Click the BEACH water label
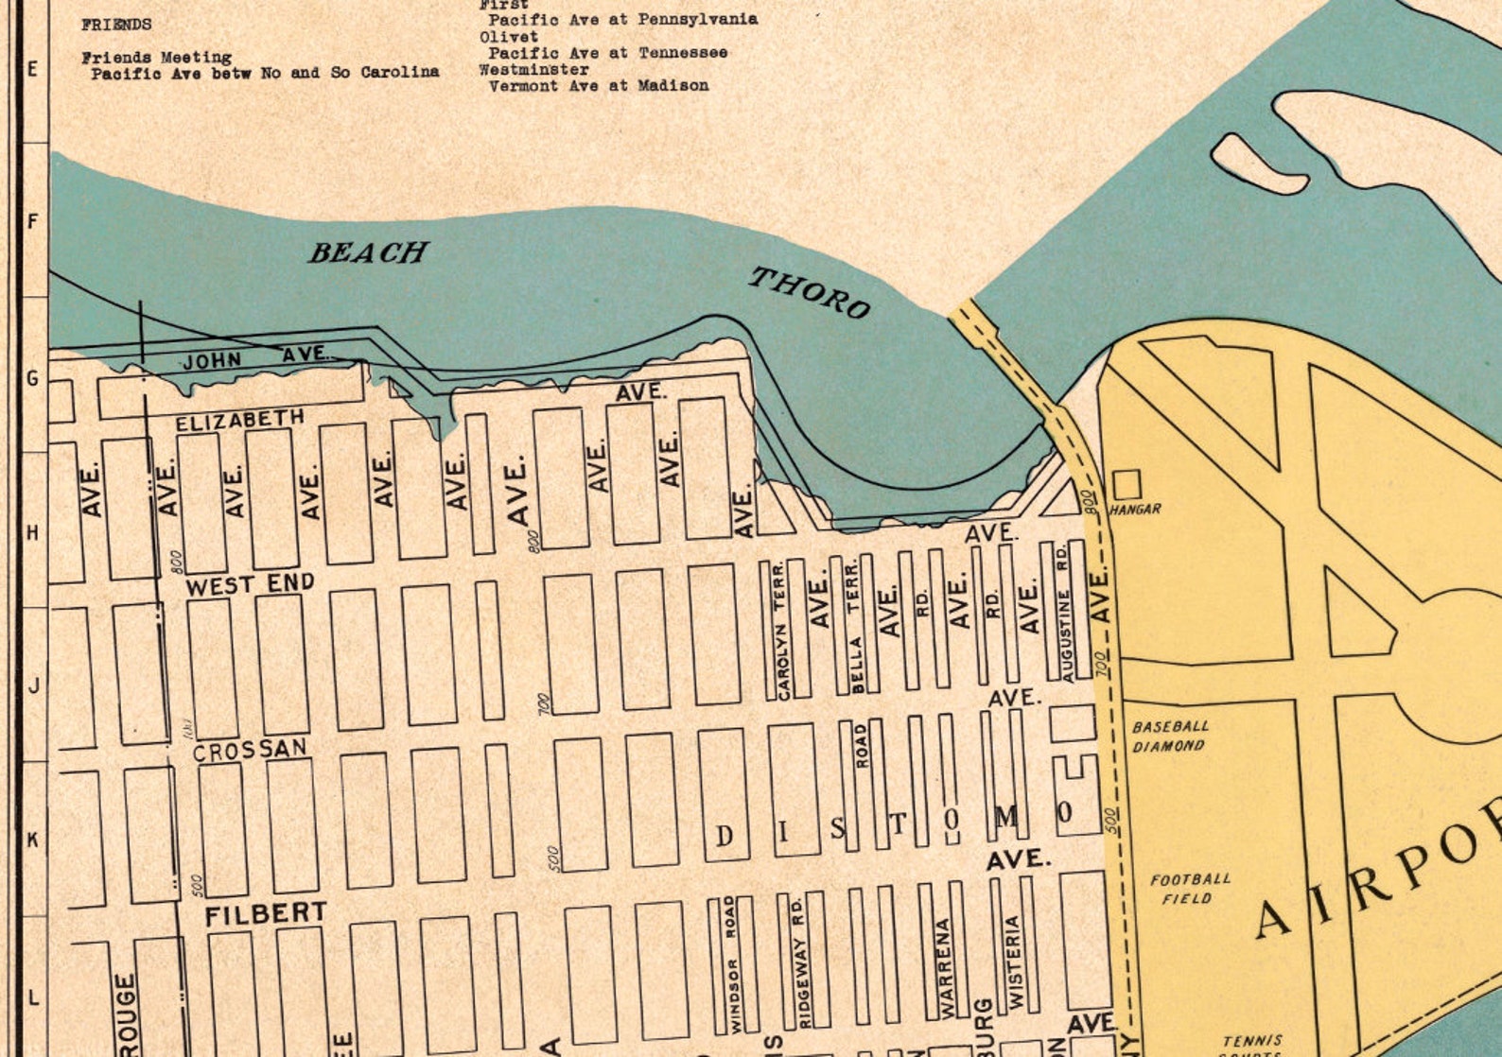pos(368,252)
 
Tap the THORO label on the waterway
pos(810,292)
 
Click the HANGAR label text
pos(1135,510)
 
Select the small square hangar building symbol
pos(1126,485)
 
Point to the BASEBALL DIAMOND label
pos(1170,736)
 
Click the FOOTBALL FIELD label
pos(1190,889)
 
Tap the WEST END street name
pos(250,584)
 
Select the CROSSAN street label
pos(250,750)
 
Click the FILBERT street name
pos(266,914)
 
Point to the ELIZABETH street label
pos(240,420)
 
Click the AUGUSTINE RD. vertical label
pos(1065,611)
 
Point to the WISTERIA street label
pos(1014,961)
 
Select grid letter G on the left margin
pos(32,378)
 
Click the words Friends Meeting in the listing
pos(156,58)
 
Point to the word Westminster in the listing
pos(533,69)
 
